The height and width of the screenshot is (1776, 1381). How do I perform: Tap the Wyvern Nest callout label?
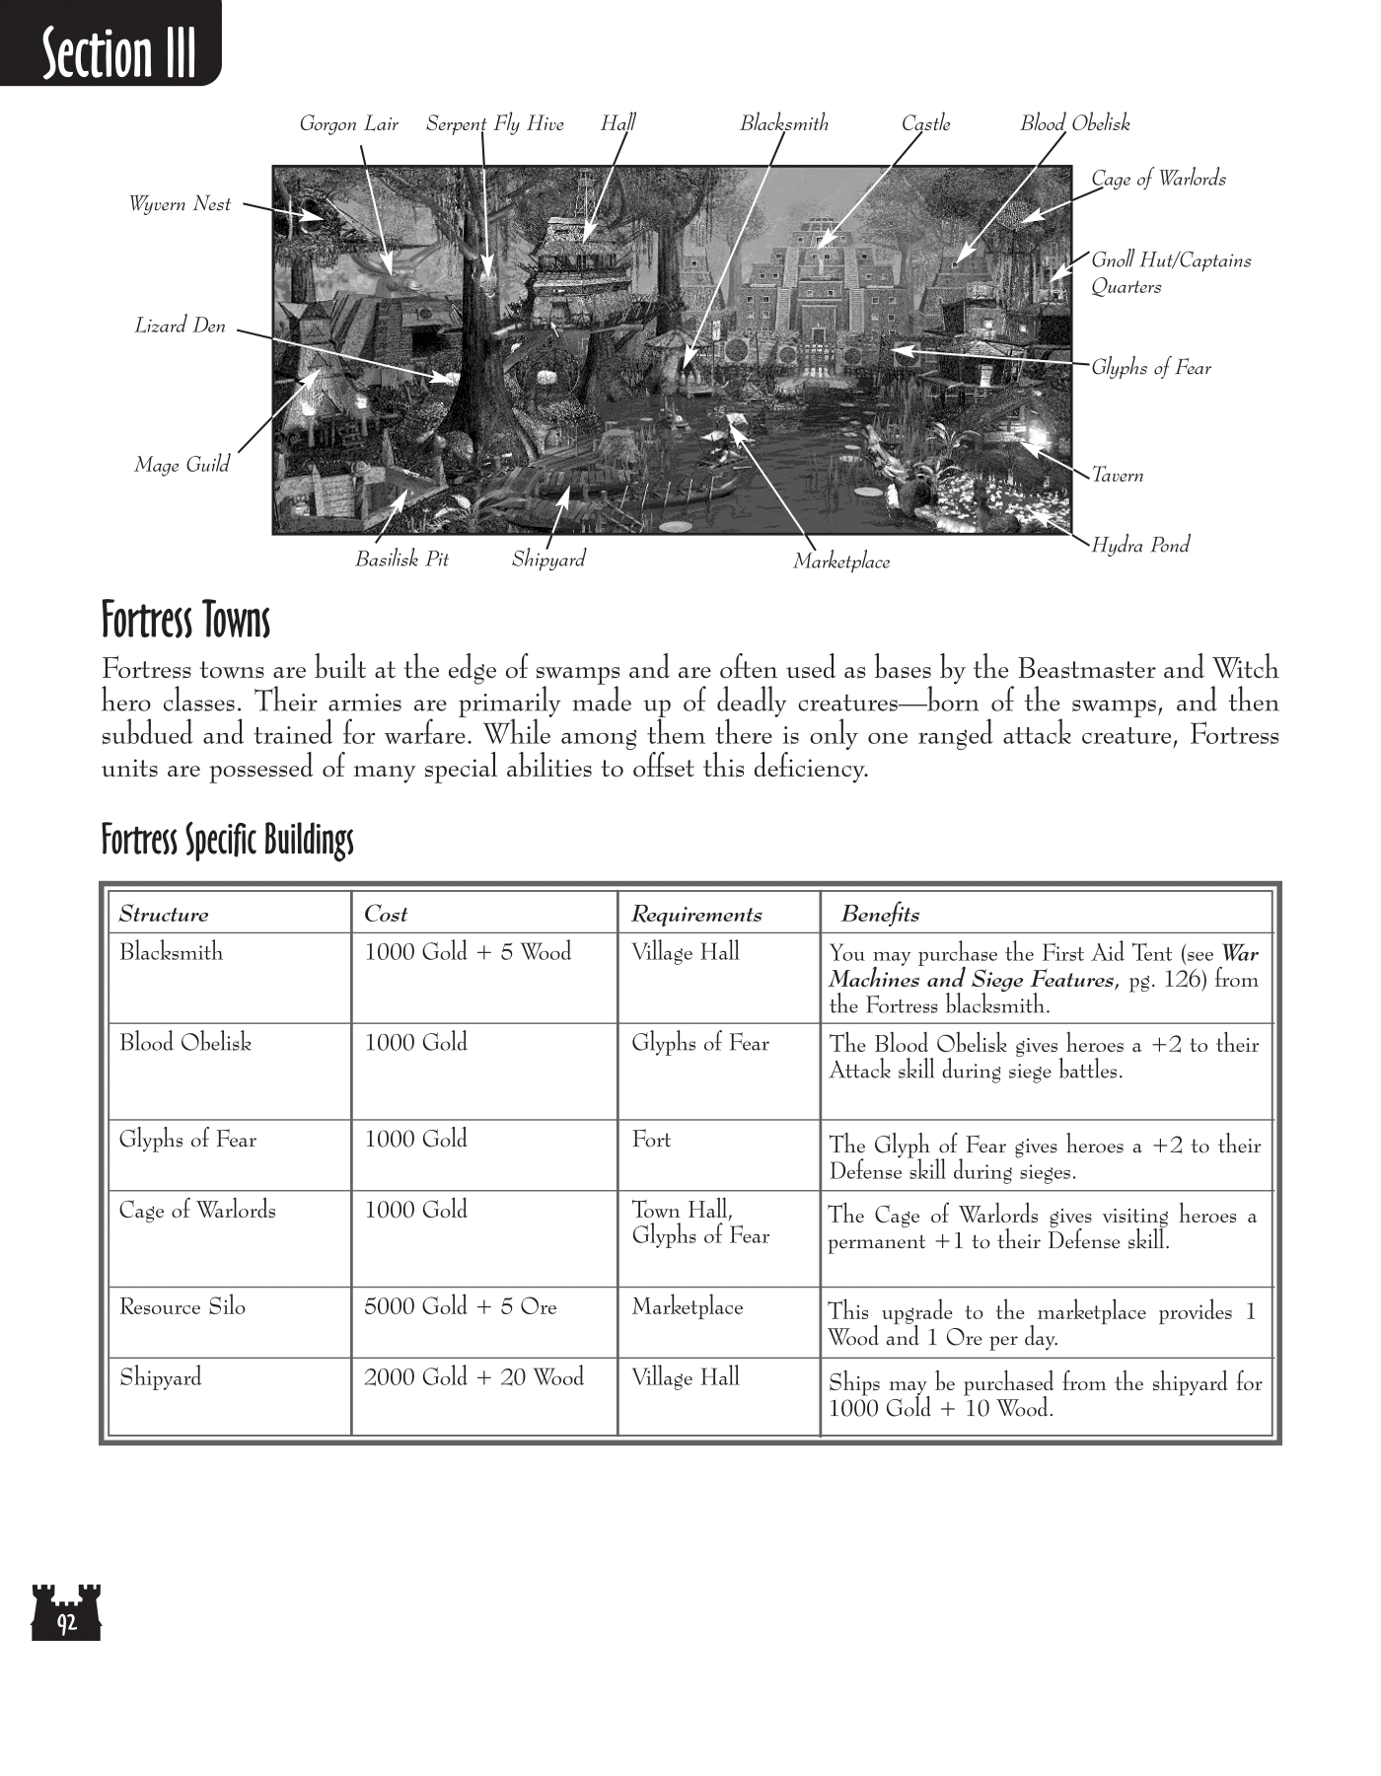point(180,204)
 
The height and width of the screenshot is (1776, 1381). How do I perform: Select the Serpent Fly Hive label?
point(494,124)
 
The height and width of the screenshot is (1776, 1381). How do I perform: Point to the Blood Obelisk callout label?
point(1074,124)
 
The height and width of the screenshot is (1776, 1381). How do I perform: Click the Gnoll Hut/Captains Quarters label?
point(1170,273)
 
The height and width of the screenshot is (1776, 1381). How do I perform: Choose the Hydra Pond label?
point(1139,545)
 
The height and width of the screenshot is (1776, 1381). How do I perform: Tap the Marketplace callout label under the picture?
point(841,562)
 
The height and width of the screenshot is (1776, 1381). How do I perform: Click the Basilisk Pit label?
point(401,559)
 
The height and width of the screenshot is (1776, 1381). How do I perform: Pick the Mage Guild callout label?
point(182,465)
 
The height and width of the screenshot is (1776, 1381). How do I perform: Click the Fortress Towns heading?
point(185,622)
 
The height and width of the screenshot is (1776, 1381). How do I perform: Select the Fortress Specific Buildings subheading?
point(227,841)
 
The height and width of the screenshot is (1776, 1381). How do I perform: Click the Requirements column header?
point(696,915)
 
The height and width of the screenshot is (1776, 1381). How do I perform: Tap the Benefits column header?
point(880,915)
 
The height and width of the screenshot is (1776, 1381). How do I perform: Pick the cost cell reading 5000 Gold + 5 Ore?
point(460,1307)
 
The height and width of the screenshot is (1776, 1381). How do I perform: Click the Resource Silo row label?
point(182,1307)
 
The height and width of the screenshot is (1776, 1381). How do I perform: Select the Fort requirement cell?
point(651,1140)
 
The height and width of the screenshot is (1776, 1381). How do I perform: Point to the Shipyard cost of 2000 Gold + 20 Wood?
point(473,1377)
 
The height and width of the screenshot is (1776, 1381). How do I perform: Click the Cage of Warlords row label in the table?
point(197,1211)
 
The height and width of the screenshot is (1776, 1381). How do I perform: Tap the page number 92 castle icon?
point(66,1612)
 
